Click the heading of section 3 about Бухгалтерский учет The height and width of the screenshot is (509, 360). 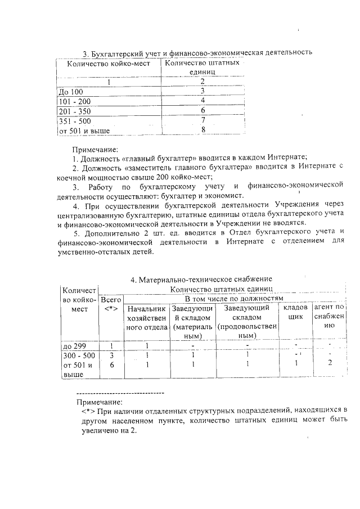(197, 53)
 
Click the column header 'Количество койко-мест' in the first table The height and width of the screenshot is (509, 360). (107, 63)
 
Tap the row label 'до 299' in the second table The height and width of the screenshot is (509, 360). (72, 345)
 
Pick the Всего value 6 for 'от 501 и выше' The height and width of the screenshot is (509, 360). (112, 365)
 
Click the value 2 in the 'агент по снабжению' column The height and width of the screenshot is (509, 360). (330, 364)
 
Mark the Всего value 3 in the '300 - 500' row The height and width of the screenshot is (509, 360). (112, 355)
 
